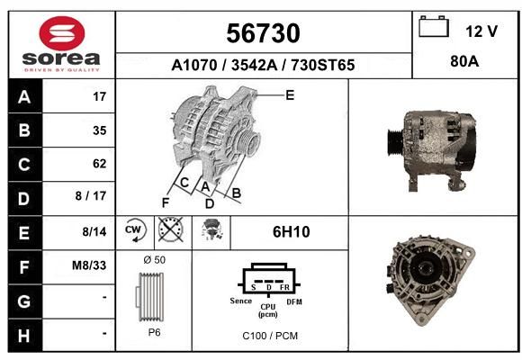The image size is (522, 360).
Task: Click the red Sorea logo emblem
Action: [x=62, y=33]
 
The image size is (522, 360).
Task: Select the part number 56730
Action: [x=263, y=33]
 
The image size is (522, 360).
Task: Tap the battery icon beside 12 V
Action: [x=434, y=26]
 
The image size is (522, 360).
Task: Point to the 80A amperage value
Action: [x=464, y=61]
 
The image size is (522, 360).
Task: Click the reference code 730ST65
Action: [x=322, y=65]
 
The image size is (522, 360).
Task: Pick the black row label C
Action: [x=24, y=164]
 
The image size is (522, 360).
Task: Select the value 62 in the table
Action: [x=100, y=164]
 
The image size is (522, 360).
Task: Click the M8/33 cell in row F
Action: [x=89, y=265]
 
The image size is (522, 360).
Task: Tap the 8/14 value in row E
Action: [x=94, y=232]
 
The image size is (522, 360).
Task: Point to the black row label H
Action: [x=24, y=336]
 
